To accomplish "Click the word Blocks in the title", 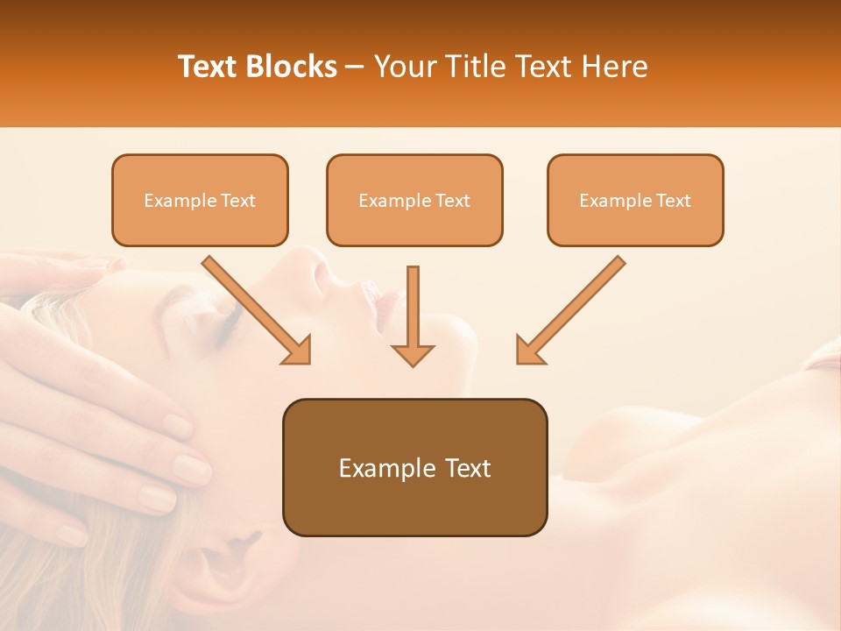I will [x=293, y=67].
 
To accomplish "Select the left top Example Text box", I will [x=200, y=200].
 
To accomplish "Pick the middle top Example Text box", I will [x=414, y=200].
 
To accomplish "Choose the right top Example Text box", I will [x=635, y=200].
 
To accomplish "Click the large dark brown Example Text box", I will [x=414, y=467].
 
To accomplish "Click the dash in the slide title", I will [x=356, y=67].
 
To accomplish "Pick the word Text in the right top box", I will [x=673, y=201].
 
